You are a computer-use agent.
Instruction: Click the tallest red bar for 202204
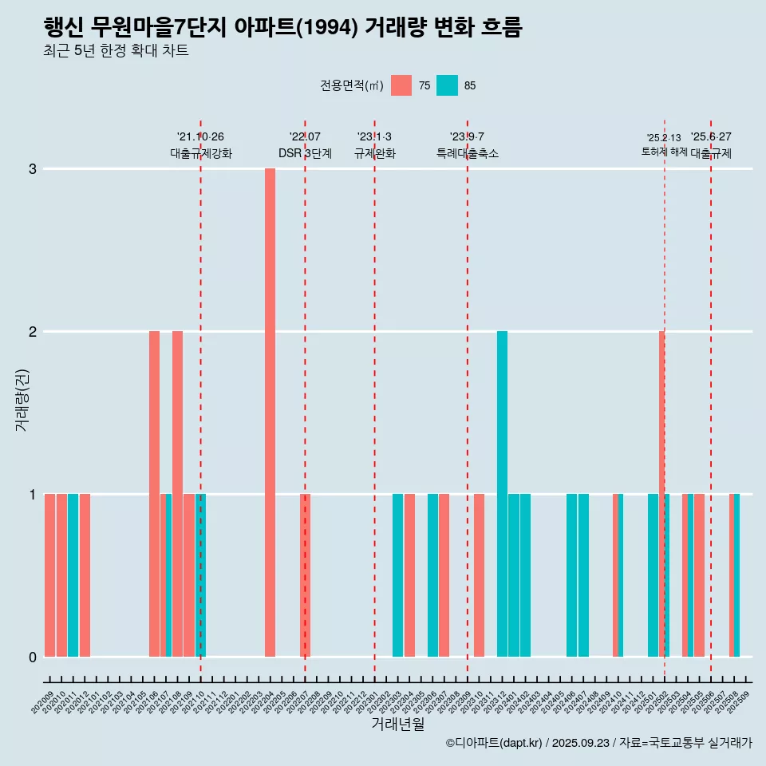270,413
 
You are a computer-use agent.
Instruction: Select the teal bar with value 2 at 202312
502,494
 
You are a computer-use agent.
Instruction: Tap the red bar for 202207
305,575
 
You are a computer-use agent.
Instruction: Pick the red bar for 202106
154,494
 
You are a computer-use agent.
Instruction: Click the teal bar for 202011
73,575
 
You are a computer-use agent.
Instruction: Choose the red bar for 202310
479,575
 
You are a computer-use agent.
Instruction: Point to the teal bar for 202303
397,575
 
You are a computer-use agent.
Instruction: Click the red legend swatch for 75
401,85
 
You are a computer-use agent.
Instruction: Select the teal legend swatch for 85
447,85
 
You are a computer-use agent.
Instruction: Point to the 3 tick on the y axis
33,169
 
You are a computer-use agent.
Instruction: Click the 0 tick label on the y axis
33,657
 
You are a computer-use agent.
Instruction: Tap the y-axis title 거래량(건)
22,399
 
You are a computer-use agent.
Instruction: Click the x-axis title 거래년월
397,724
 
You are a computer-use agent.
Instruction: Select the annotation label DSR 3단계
305,153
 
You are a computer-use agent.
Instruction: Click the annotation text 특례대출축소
467,153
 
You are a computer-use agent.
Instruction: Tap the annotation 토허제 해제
664,151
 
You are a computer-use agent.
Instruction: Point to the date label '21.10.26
200,136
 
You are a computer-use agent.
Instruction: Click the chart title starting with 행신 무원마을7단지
283,28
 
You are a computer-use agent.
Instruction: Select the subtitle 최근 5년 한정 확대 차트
116,52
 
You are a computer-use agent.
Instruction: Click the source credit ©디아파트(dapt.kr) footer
598,743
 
